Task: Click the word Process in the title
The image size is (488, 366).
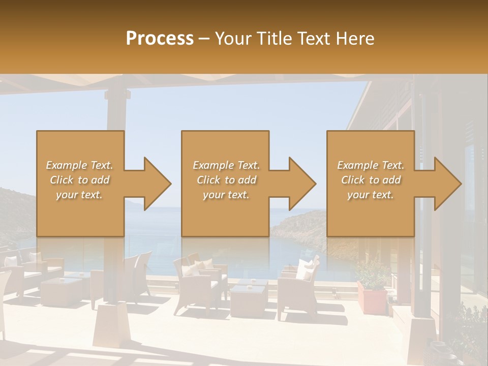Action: (160, 39)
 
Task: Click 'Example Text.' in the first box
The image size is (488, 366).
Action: (79, 165)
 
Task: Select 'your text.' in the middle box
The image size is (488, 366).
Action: (226, 195)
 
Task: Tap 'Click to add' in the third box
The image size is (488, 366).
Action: (371, 180)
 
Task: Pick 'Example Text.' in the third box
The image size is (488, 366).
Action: (371, 165)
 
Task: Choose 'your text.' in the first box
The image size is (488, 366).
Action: (79, 195)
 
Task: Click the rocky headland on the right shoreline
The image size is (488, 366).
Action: (300, 224)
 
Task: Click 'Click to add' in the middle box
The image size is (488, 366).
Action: (226, 180)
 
